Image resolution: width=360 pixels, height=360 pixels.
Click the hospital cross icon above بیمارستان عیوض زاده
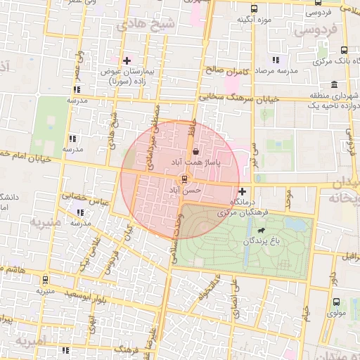coord(127,60)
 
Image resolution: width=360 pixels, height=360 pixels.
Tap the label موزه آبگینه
coord(255,19)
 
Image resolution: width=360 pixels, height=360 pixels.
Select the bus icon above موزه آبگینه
coord(254,8)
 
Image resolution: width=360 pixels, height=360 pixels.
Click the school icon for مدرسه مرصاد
coord(276,60)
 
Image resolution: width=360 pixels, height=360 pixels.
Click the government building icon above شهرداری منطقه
coord(335,84)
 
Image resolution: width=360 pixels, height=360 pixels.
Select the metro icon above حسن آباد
coord(185,179)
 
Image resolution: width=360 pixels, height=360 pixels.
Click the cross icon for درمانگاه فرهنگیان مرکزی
coord(243,191)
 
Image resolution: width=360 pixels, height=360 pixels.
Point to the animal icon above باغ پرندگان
coord(262,231)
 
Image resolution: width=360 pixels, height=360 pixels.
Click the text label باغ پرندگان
coord(262,241)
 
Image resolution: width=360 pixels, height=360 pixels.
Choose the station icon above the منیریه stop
coord(46,278)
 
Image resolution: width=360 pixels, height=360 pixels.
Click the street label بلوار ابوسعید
coord(88,295)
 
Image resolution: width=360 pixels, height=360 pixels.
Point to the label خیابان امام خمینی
coord(28,156)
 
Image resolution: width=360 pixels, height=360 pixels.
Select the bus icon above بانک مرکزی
coord(344,51)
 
